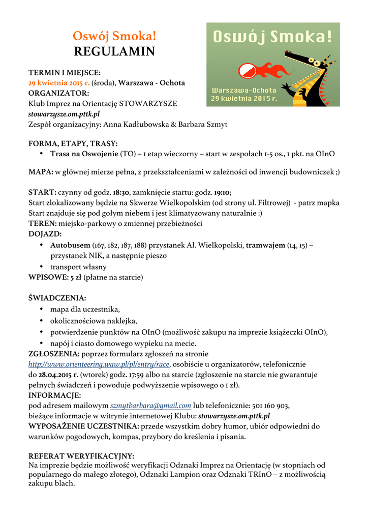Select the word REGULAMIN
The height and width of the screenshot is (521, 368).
click(x=114, y=51)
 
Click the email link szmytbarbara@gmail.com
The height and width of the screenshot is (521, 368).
click(x=151, y=406)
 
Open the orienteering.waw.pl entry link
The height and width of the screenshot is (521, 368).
click(x=99, y=364)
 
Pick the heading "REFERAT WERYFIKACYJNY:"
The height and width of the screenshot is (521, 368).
click(x=81, y=456)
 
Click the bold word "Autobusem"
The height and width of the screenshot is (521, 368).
click(x=70, y=245)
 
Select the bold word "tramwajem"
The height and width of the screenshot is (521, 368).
click(x=265, y=245)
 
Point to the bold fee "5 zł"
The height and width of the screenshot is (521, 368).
click(x=75, y=277)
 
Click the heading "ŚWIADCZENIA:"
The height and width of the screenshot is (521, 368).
click(x=57, y=298)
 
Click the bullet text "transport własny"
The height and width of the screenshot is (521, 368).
click(x=78, y=267)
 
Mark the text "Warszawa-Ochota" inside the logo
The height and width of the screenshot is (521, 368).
click(x=244, y=90)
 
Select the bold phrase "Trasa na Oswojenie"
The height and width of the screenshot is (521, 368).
click(x=84, y=154)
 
